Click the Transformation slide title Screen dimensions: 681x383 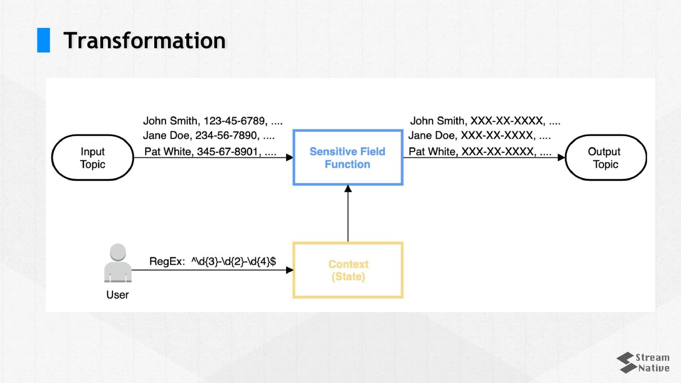coord(144,40)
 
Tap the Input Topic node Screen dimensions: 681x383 coord(93,158)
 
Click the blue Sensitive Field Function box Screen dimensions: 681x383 coord(348,158)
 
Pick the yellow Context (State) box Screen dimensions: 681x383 coord(348,270)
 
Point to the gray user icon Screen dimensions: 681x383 coord(118,263)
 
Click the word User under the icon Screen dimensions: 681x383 coord(118,295)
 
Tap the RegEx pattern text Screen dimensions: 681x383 coord(234,261)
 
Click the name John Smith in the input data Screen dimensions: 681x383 coord(170,121)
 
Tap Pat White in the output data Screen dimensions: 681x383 coord(433,152)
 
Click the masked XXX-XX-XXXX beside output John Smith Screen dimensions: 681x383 coord(506,121)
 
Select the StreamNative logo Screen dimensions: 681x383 coord(643,363)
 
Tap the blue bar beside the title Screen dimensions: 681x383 coord(44,40)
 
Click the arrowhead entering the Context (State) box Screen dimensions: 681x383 coord(289,270)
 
